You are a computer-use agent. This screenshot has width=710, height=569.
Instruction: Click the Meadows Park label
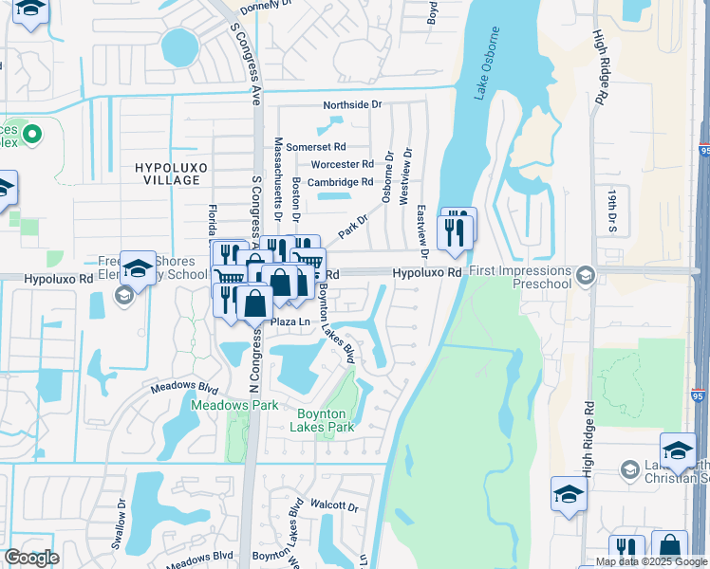tap(234, 405)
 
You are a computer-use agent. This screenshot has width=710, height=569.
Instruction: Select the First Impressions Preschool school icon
tap(586, 275)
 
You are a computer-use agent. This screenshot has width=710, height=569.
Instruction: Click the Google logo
tap(31, 558)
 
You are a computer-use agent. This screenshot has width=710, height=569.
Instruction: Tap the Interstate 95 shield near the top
tap(703, 151)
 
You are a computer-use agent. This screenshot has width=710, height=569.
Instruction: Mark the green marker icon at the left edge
tap(30, 133)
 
